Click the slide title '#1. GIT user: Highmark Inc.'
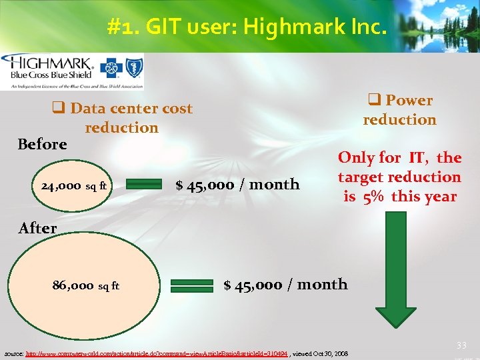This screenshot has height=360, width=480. pyautogui.click(x=246, y=27)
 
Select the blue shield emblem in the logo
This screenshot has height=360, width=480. pyautogui.click(x=133, y=69)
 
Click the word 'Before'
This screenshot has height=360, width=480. pyautogui.click(x=43, y=145)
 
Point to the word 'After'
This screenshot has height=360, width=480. pyautogui.click(x=38, y=228)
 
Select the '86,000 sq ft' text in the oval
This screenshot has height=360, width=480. pyautogui.click(x=86, y=285)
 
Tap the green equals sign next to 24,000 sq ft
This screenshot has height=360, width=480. pyautogui.click(x=143, y=185)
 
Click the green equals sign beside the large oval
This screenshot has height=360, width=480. pyautogui.click(x=192, y=285)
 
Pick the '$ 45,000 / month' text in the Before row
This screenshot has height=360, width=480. pyautogui.click(x=237, y=185)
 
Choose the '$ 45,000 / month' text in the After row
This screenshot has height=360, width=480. pyautogui.click(x=285, y=285)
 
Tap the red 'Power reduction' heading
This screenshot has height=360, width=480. pyautogui.click(x=399, y=110)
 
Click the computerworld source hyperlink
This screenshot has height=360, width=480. pyautogui.click(x=157, y=353)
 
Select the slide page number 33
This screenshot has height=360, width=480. pyautogui.click(x=461, y=345)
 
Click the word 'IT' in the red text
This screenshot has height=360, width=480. pyautogui.click(x=417, y=158)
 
